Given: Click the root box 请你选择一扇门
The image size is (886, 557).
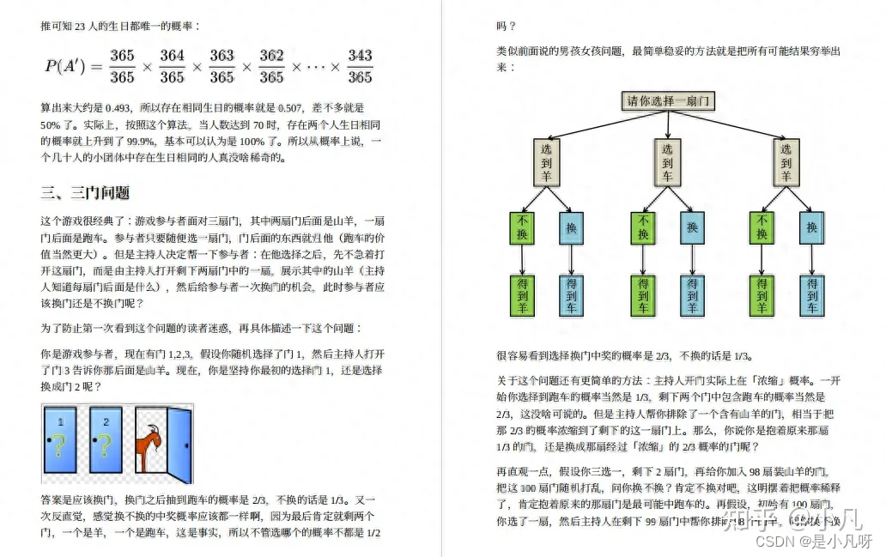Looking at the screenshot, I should click(x=668, y=100).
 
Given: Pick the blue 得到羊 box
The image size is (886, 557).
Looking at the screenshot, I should click(x=692, y=294).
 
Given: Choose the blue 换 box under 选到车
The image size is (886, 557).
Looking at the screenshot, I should click(x=692, y=228).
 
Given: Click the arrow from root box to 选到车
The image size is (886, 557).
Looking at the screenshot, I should click(x=668, y=124).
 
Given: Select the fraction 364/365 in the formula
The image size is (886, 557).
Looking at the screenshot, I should click(x=172, y=66).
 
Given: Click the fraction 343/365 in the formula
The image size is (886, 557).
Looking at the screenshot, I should click(x=360, y=66).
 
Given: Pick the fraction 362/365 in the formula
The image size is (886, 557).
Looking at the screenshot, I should click(x=271, y=66).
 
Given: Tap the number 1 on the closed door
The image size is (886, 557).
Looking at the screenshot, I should click(x=60, y=421).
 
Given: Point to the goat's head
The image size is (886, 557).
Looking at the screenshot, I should click(x=153, y=426).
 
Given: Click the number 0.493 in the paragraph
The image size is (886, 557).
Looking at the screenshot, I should click(x=116, y=108).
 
